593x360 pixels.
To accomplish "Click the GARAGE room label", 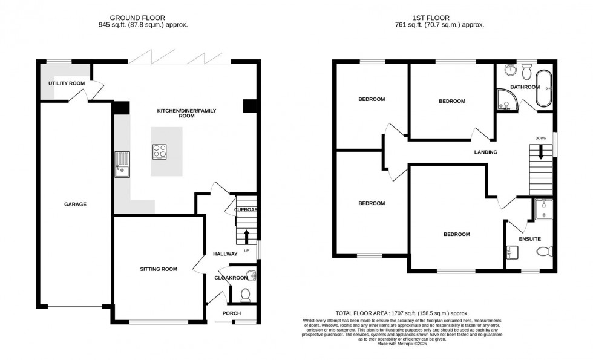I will pyautogui.click(x=75, y=205).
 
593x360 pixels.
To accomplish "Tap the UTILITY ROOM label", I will pyautogui.click(x=67, y=83).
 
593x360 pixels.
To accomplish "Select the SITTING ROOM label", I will pyautogui.click(x=159, y=269).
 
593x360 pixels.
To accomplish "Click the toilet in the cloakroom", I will pyautogui.click(x=246, y=295).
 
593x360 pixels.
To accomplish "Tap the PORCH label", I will pyautogui.click(x=231, y=313).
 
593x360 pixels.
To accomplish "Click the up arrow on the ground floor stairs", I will pyautogui.click(x=246, y=235).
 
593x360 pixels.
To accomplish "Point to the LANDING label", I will pyautogui.click(x=485, y=152).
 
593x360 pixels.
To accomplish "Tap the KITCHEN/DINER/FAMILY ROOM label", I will pyautogui.click(x=186, y=113).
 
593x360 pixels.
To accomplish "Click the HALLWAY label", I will pyautogui.click(x=224, y=254).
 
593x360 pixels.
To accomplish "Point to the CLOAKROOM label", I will pyautogui.click(x=231, y=278).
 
